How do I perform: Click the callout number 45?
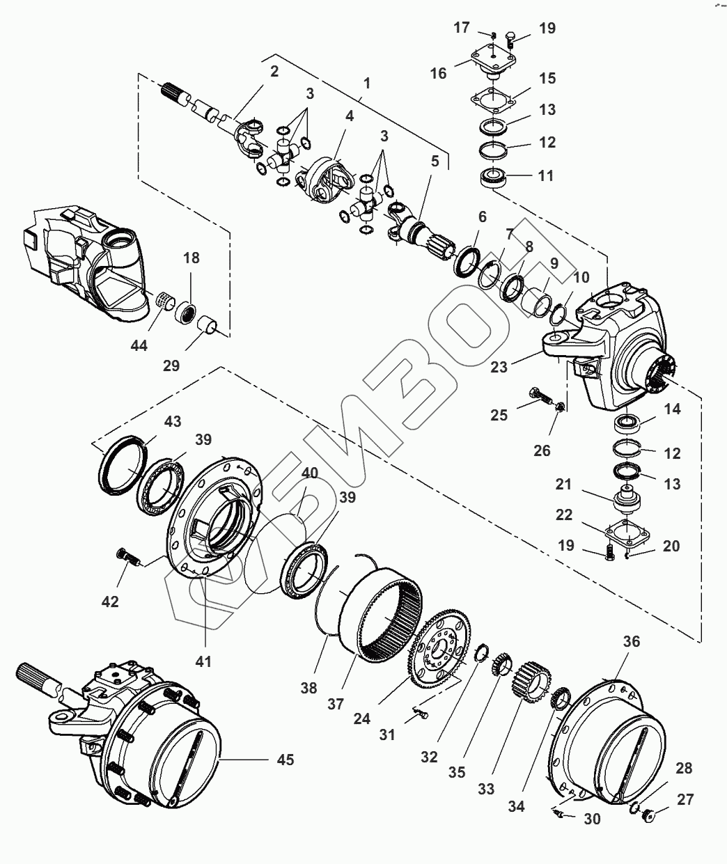(285, 759)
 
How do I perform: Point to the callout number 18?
(191, 258)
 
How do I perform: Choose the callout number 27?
(687, 800)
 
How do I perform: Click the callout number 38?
(309, 688)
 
